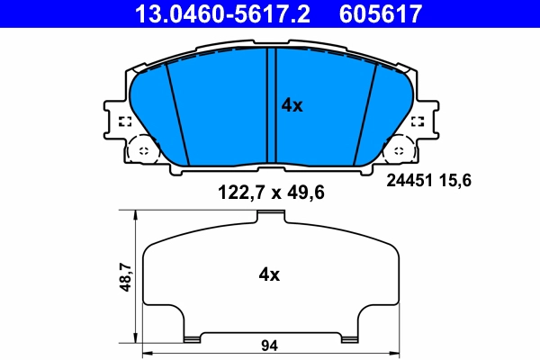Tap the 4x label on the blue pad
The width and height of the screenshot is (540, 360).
coord(292,105)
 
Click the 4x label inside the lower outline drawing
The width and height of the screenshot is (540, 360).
coord(269,274)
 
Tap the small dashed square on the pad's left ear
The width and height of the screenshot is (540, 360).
coord(125,122)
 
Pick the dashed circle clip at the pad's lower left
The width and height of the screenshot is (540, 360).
coord(141,150)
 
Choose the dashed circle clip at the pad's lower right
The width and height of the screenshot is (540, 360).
coord(400,150)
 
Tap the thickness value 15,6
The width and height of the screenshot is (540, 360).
coord(457,180)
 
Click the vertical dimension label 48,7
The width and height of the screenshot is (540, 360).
coord(125,276)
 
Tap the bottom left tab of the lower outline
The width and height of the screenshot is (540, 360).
coord(191,337)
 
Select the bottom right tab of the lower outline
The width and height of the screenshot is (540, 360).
coord(349,337)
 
